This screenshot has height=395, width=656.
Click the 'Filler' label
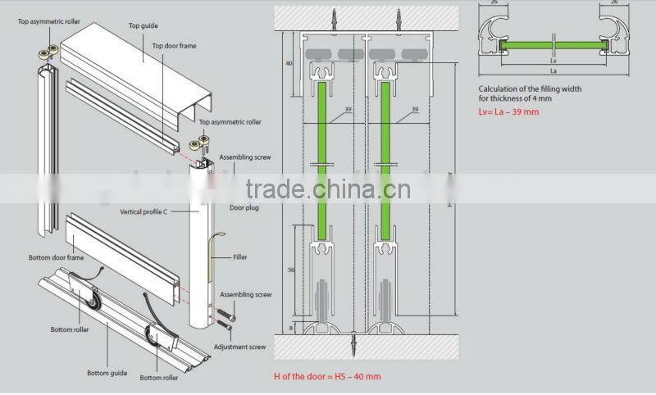pos(239,257)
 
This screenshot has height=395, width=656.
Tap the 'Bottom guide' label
pos(107,373)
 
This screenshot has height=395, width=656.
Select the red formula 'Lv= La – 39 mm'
pos(508,111)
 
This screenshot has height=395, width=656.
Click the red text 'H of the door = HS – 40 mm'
pos(327,376)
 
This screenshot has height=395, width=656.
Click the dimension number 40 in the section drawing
pos(289,62)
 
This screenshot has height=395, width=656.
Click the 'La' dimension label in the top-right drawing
pos(554,71)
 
